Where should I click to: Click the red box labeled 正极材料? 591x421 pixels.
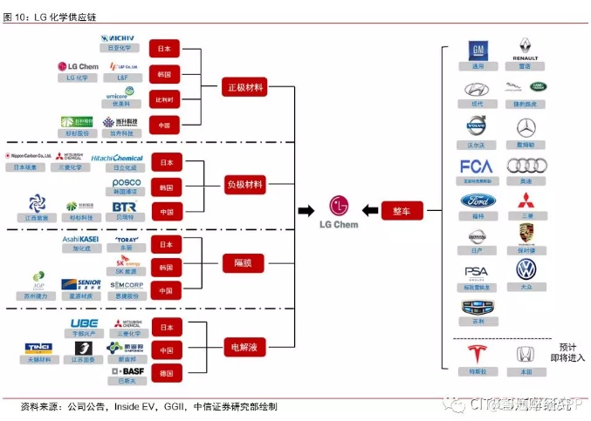[x=244, y=87]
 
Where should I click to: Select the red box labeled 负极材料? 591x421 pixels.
[x=244, y=185]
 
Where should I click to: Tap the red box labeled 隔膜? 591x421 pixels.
[x=244, y=262]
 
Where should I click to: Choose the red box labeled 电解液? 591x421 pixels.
[x=244, y=347]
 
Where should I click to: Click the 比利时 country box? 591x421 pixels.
[x=164, y=99]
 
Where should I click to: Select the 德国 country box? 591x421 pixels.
[x=164, y=374]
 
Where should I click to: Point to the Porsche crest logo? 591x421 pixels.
[x=526, y=234]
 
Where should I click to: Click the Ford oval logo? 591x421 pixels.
[x=477, y=200]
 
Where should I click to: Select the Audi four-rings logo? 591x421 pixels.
[x=526, y=166]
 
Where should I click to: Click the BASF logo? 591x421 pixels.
[x=127, y=370]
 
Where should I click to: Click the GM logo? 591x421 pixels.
[x=477, y=50]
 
